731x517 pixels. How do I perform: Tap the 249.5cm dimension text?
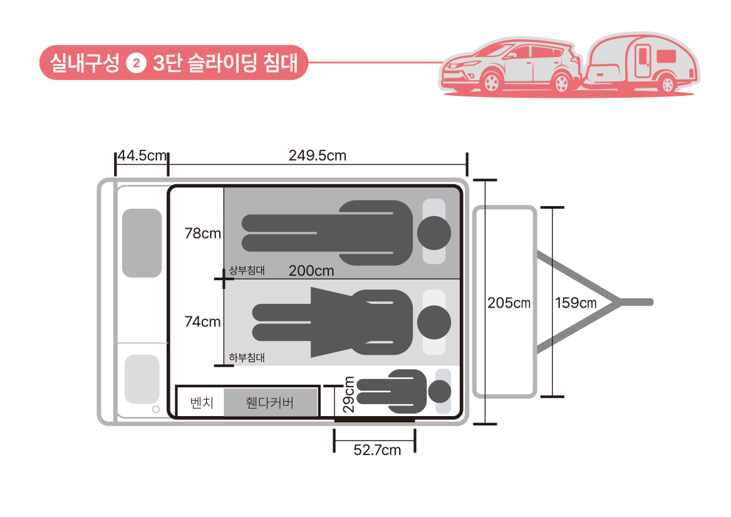click(317, 156)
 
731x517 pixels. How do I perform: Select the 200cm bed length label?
click(311, 271)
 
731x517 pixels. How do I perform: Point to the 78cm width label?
click(202, 233)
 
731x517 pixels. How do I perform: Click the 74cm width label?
click(202, 321)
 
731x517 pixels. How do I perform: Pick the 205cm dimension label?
click(509, 303)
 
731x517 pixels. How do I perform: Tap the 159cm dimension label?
click(575, 303)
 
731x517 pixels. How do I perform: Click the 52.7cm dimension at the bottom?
click(376, 449)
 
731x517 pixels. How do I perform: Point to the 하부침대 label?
click(247, 358)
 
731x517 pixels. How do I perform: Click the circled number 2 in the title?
click(135, 64)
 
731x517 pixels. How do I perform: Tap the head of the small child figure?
click(439, 392)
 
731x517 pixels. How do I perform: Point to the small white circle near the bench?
click(155, 410)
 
